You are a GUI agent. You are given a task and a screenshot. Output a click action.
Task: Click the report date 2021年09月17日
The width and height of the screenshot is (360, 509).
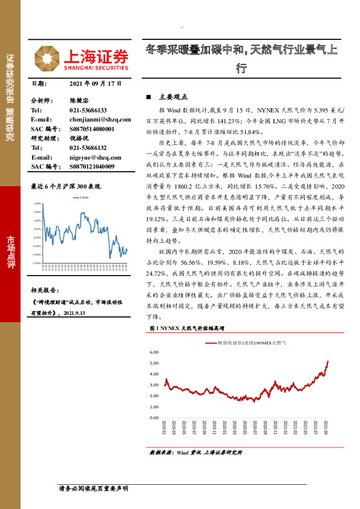click(96, 83)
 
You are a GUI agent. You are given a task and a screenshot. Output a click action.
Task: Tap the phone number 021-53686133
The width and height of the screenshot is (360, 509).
click(88, 110)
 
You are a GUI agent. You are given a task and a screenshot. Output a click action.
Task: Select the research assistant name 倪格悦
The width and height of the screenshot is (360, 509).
click(79, 138)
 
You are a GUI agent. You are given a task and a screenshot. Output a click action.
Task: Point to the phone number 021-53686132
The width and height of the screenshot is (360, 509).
click(88, 148)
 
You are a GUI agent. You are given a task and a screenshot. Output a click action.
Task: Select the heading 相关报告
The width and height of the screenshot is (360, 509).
click(45, 290)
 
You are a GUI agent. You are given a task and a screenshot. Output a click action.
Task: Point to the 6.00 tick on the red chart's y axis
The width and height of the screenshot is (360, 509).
click(153, 352)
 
